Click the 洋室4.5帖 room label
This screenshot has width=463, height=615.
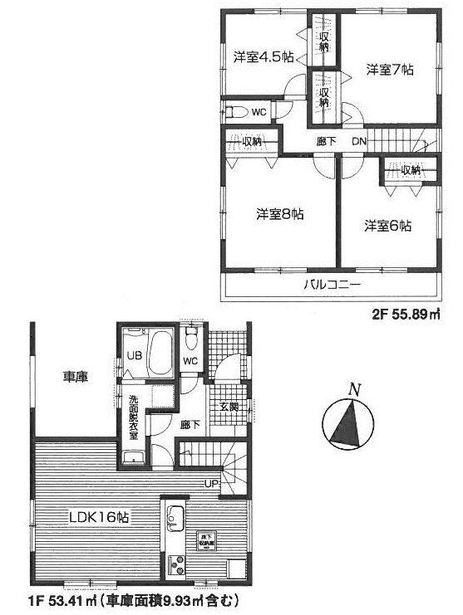pyautogui.click(x=262, y=56)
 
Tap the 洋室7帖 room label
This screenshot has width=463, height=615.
pyautogui.click(x=389, y=71)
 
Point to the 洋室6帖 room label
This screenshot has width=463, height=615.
pyautogui.click(x=389, y=225)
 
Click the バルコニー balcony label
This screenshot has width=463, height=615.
pyautogui.click(x=330, y=283)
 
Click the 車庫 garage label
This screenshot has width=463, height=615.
pyautogui.click(x=76, y=376)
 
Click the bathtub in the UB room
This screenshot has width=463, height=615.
pyautogui.click(x=156, y=352)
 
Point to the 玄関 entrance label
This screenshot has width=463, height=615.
pyautogui.click(x=229, y=406)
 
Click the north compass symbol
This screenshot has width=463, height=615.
pyautogui.click(x=347, y=422)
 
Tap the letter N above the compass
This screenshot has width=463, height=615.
pyautogui.click(x=354, y=389)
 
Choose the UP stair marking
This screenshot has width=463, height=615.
pyautogui.click(x=213, y=485)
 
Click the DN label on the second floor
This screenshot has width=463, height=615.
pyautogui.click(x=358, y=141)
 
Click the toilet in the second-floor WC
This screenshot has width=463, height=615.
pyautogui.click(x=237, y=111)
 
